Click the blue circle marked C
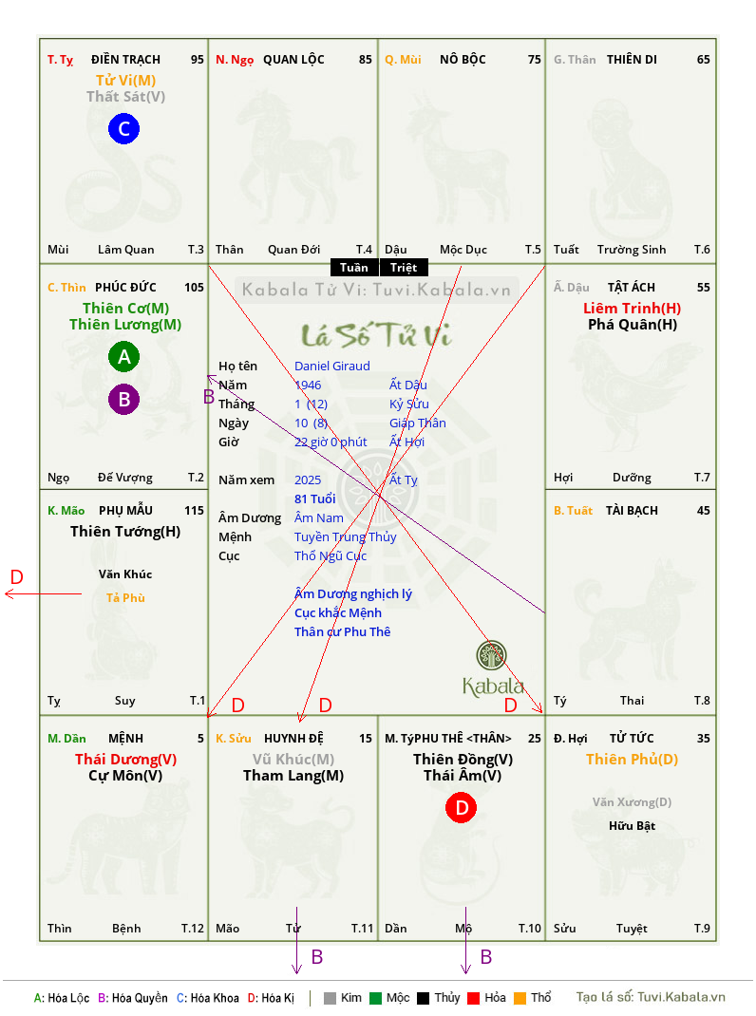(123, 128)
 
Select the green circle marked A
(123, 356)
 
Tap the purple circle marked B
(123, 399)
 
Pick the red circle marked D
(461, 807)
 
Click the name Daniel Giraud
(332, 367)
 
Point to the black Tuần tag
(354, 268)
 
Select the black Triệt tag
(404, 268)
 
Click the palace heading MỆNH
(125, 738)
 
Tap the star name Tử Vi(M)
(125, 81)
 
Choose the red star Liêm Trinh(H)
(633, 309)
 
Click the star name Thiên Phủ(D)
(633, 760)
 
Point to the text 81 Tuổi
(315, 499)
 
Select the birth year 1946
(308, 385)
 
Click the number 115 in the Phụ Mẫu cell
(194, 511)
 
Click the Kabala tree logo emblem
(491, 655)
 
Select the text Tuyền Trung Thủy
(345, 537)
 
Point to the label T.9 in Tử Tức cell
(702, 929)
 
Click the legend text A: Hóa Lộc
(62, 998)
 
